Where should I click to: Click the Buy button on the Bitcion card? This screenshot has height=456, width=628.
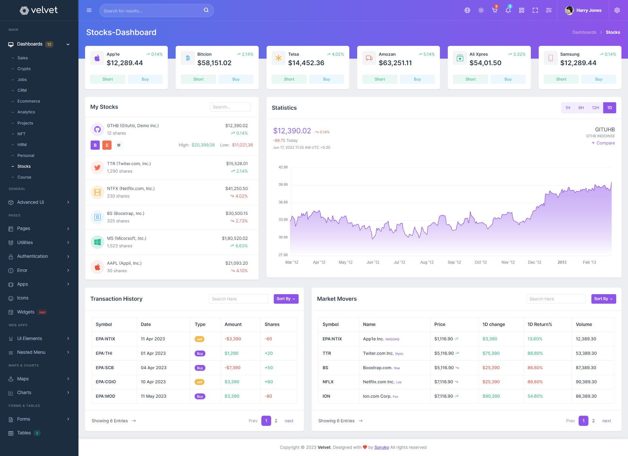[236, 79]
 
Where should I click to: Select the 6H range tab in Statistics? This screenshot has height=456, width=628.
[581, 108]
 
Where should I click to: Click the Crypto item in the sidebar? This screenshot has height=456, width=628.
[24, 69]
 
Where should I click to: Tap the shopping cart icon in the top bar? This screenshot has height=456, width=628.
[494, 10]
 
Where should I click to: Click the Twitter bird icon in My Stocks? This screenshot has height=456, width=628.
[97, 167]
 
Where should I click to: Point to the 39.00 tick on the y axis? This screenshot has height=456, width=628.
[283, 185]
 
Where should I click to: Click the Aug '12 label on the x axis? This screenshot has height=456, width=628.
[427, 262]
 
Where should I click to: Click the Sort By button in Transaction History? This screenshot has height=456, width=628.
[286, 299]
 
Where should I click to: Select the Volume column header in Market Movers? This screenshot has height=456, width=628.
[584, 324]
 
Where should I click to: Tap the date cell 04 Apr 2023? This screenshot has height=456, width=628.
[153, 368]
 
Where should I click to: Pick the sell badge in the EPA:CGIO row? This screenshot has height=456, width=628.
[200, 382]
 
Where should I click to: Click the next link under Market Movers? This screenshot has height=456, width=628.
[606, 421]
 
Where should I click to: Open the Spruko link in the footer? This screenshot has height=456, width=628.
[381, 447]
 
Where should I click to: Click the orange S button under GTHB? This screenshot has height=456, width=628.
[107, 145]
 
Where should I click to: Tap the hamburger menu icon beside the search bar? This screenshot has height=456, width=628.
[89, 10]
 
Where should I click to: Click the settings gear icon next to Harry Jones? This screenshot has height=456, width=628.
[617, 10]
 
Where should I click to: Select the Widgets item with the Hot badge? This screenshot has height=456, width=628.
[26, 312]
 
